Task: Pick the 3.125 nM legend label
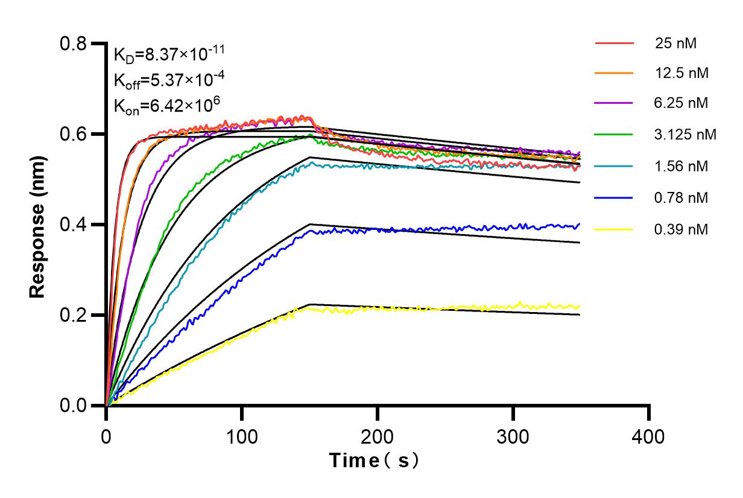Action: point(686,135)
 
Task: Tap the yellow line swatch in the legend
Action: point(615,229)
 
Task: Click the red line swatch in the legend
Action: point(615,43)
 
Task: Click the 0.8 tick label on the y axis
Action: point(74,43)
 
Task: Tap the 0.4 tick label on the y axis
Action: point(74,225)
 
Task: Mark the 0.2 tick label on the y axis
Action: point(74,315)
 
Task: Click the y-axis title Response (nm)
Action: point(37,225)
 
